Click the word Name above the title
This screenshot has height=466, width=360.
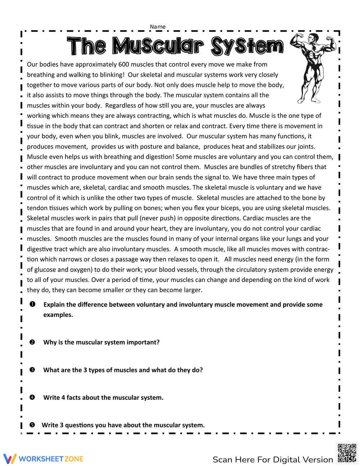(x=158, y=27)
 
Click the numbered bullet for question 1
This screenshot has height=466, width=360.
(x=32, y=304)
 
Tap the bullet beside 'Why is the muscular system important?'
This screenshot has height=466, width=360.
(x=32, y=342)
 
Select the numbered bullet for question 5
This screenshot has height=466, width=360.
(x=32, y=425)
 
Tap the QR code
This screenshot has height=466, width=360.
(x=347, y=453)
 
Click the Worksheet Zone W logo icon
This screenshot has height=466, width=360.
(x=10, y=458)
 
